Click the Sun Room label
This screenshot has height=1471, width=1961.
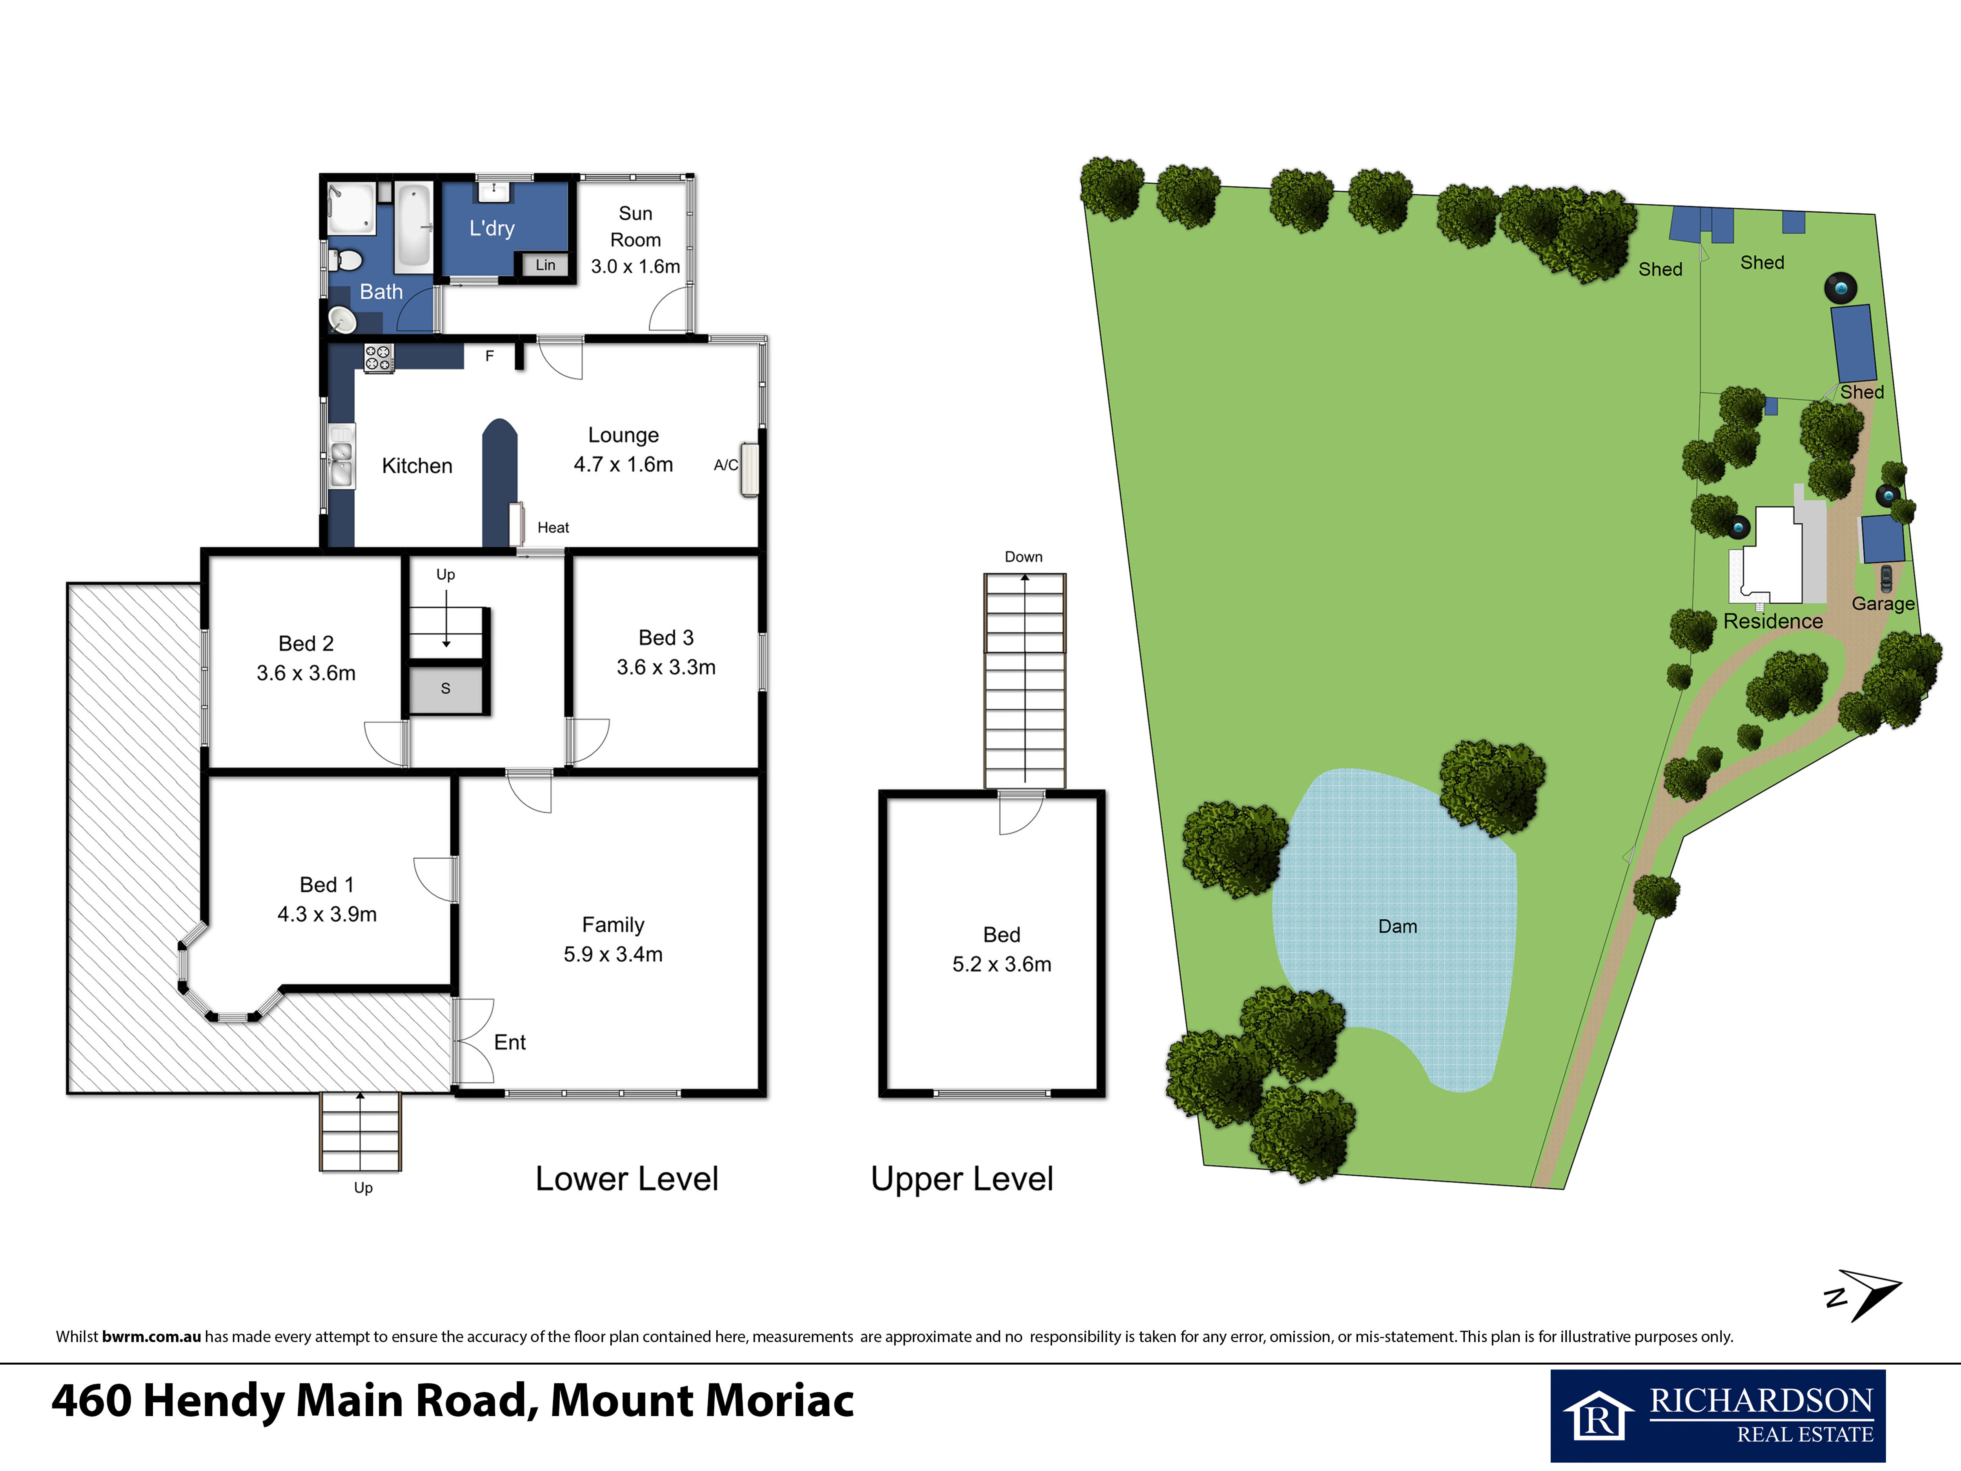635,227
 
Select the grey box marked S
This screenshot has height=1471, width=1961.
446,688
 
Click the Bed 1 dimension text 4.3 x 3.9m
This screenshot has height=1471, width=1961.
327,914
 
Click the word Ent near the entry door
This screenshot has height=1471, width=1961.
510,1043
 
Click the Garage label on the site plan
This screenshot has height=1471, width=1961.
1883,604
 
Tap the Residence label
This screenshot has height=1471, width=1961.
1773,622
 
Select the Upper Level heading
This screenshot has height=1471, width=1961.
962,1179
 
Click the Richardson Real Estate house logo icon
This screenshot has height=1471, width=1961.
1599,1416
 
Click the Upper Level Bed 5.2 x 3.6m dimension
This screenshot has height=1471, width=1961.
1002,965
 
